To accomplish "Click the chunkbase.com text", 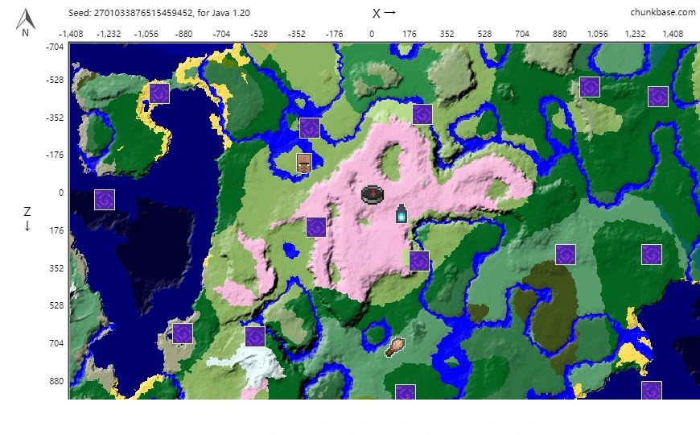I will tap(664, 12).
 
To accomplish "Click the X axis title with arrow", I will tap(384, 13).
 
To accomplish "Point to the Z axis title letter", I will tap(27, 212).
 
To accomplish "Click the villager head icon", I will tap(304, 163).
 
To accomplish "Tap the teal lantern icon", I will tap(401, 214).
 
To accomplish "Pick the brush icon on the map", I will tap(395, 347).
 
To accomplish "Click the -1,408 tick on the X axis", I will tap(71, 34).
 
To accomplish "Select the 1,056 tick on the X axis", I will tap(597, 34).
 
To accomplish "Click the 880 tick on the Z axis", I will tap(54, 381).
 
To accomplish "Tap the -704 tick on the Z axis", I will tap(54, 47).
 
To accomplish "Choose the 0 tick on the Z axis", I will tap(60, 193).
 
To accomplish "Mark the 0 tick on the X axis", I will tap(372, 34).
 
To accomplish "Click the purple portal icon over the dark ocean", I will tap(105, 200).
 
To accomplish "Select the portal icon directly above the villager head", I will tap(310, 128).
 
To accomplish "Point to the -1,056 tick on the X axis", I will tap(146, 34).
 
